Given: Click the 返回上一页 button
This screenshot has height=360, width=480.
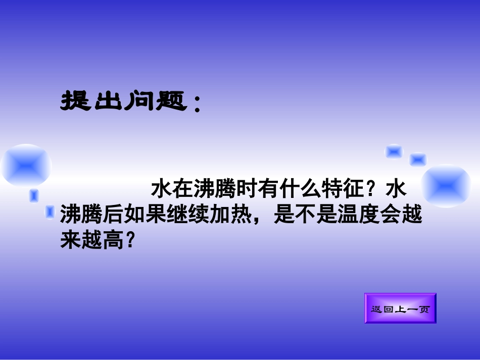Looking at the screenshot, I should tap(400, 308).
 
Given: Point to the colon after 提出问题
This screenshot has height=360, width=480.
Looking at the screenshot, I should tap(197, 104).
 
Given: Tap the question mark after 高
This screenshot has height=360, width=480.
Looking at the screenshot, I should tap(130, 241).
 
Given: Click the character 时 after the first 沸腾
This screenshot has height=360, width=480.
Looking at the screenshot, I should tap(248, 190).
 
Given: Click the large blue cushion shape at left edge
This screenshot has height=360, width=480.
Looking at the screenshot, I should tap(25, 165).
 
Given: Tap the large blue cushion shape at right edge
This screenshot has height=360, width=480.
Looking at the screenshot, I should tap(446, 185).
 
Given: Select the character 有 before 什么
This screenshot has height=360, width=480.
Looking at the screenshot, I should tap(268, 190).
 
